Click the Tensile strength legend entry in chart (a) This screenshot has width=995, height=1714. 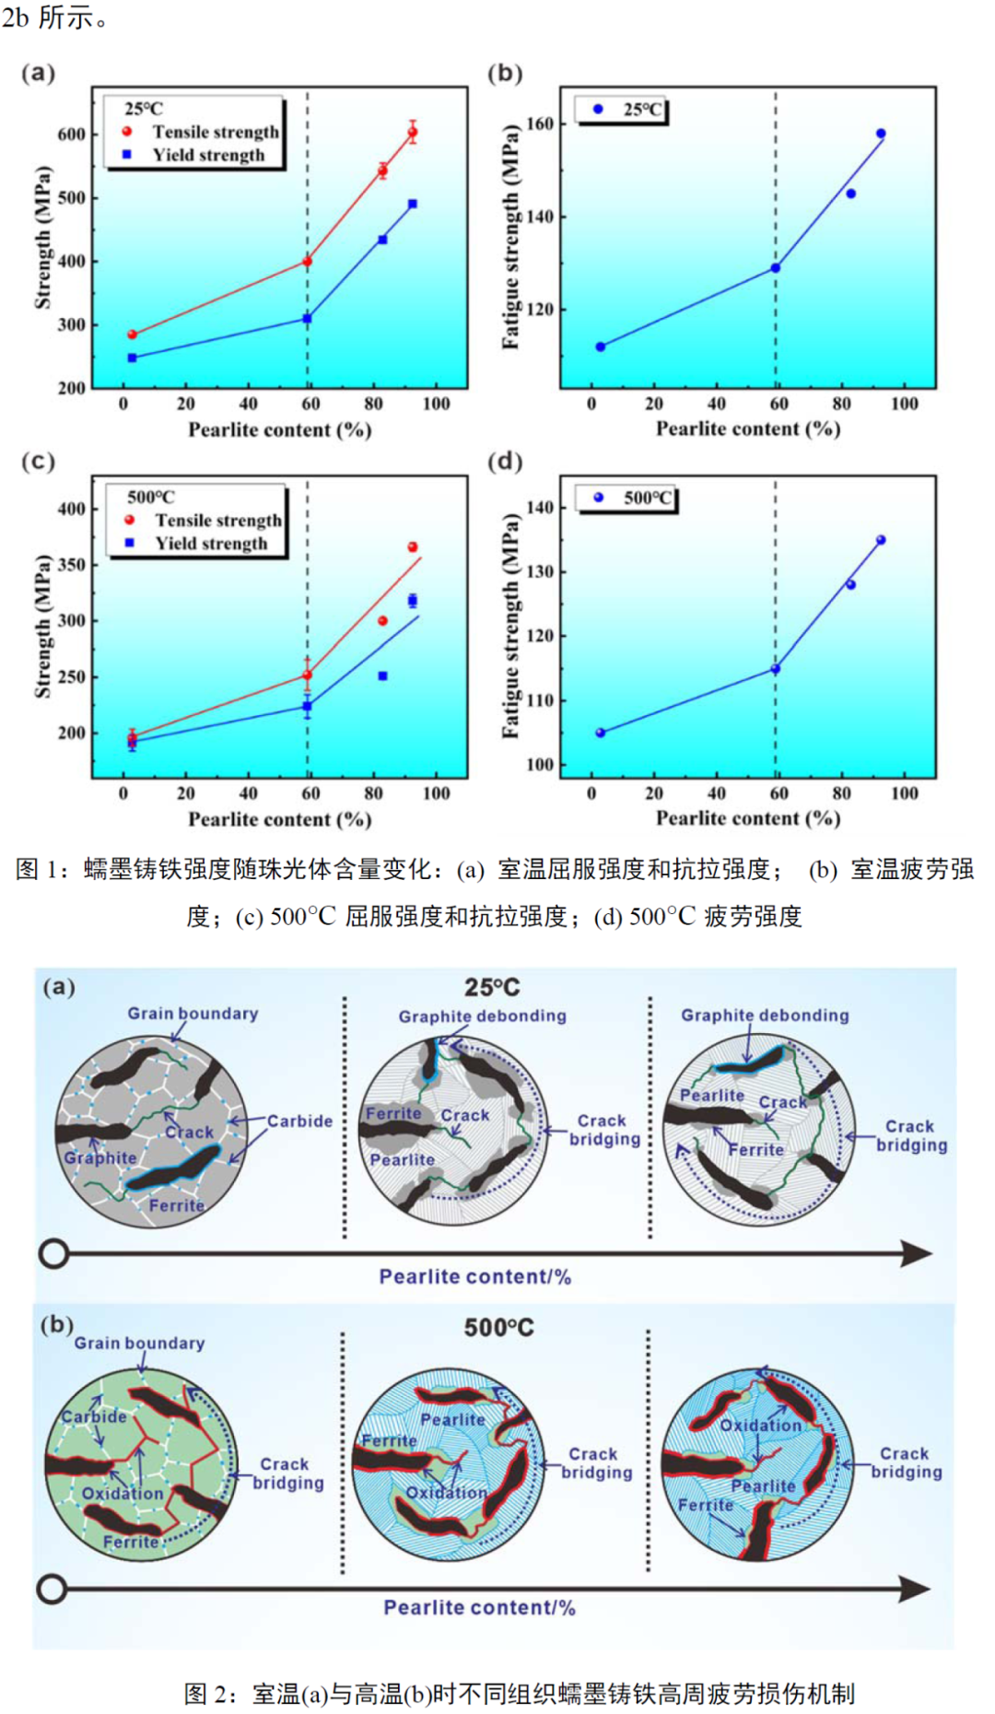click(x=215, y=132)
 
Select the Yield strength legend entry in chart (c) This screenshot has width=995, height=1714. click(x=211, y=544)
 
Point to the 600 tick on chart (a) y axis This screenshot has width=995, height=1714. click(x=71, y=135)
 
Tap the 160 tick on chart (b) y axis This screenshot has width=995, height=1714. click(x=540, y=123)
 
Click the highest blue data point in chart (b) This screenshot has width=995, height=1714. click(x=881, y=134)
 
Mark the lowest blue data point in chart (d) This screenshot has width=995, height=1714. click(x=601, y=733)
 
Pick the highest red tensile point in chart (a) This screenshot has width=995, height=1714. click(x=413, y=132)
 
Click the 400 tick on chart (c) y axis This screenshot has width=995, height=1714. click(x=71, y=509)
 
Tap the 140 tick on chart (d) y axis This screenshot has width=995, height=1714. click(x=540, y=508)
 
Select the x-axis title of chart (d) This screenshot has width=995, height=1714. click(x=747, y=818)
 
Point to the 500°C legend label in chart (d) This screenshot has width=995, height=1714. click(x=649, y=499)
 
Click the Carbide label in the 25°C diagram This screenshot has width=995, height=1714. click(x=299, y=1121)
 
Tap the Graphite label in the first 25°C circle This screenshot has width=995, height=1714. click(x=99, y=1158)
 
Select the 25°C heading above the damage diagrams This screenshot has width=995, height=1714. click(x=492, y=988)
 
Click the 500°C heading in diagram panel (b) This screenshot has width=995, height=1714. click(x=498, y=1328)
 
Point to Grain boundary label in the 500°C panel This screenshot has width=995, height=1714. click(x=139, y=1344)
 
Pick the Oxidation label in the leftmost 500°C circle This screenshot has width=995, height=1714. click(x=123, y=1493)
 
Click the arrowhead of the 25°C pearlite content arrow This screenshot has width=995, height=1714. click(x=917, y=1253)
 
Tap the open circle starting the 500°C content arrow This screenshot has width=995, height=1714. click(x=53, y=1589)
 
